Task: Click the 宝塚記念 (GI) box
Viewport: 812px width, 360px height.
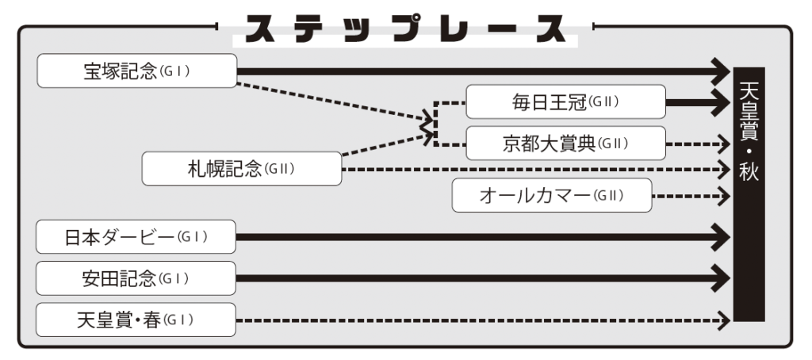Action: (x=137, y=71)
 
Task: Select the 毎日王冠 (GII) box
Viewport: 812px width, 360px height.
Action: (x=565, y=101)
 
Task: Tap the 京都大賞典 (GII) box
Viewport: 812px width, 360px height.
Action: (x=565, y=143)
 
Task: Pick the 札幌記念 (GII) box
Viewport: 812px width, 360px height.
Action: (x=242, y=168)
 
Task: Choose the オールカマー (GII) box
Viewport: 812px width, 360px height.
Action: (x=551, y=195)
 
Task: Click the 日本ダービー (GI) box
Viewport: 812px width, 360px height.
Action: (x=137, y=236)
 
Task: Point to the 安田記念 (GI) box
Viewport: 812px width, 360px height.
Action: (x=137, y=278)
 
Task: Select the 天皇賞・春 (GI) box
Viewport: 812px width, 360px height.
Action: (x=137, y=320)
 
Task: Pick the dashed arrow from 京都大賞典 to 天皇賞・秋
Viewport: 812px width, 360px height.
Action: (x=694, y=144)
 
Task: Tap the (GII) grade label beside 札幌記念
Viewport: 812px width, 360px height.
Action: (x=280, y=169)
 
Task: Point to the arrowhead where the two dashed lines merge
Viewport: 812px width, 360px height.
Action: (x=428, y=124)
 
